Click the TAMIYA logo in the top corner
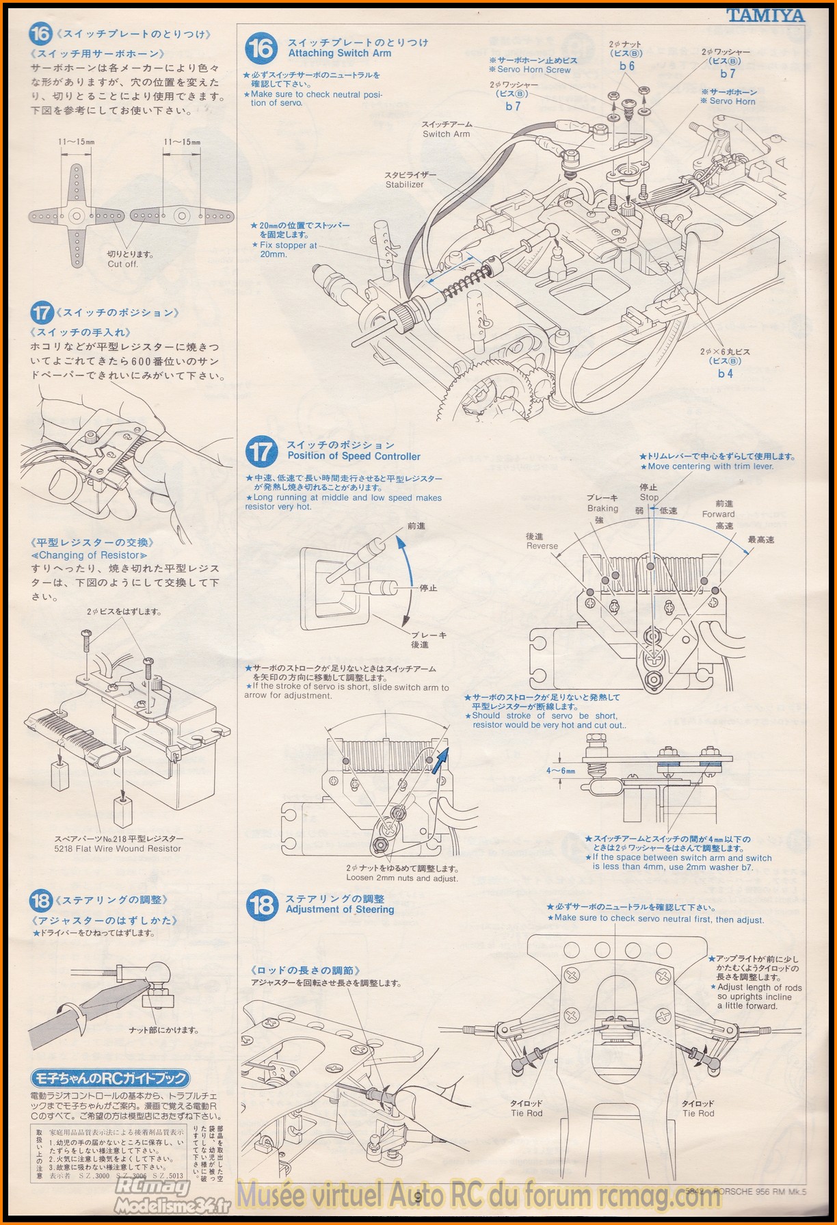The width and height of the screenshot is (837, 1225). [765, 15]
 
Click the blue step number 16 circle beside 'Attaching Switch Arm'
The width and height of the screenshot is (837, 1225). [261, 49]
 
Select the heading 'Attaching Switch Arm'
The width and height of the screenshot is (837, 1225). [339, 53]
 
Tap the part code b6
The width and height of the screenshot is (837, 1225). [627, 66]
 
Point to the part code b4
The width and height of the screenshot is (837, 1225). [725, 373]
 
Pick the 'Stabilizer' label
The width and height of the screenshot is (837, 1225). [404, 185]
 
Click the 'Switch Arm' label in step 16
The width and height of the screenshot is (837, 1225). [446, 134]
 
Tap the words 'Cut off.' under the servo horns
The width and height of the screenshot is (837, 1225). [122, 264]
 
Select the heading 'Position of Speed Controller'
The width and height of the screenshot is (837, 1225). [354, 456]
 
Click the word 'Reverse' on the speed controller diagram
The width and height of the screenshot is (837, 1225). [542, 546]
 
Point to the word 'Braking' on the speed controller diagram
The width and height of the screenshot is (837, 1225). [602, 508]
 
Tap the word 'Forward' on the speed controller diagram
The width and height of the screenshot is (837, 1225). [718, 514]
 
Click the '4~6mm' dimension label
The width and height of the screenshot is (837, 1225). [560, 770]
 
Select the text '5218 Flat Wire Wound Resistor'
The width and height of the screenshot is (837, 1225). [118, 849]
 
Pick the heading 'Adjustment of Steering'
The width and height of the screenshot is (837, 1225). [340, 910]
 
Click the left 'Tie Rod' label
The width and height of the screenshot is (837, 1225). [526, 1113]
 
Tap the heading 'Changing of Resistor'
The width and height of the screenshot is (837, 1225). [89, 555]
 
